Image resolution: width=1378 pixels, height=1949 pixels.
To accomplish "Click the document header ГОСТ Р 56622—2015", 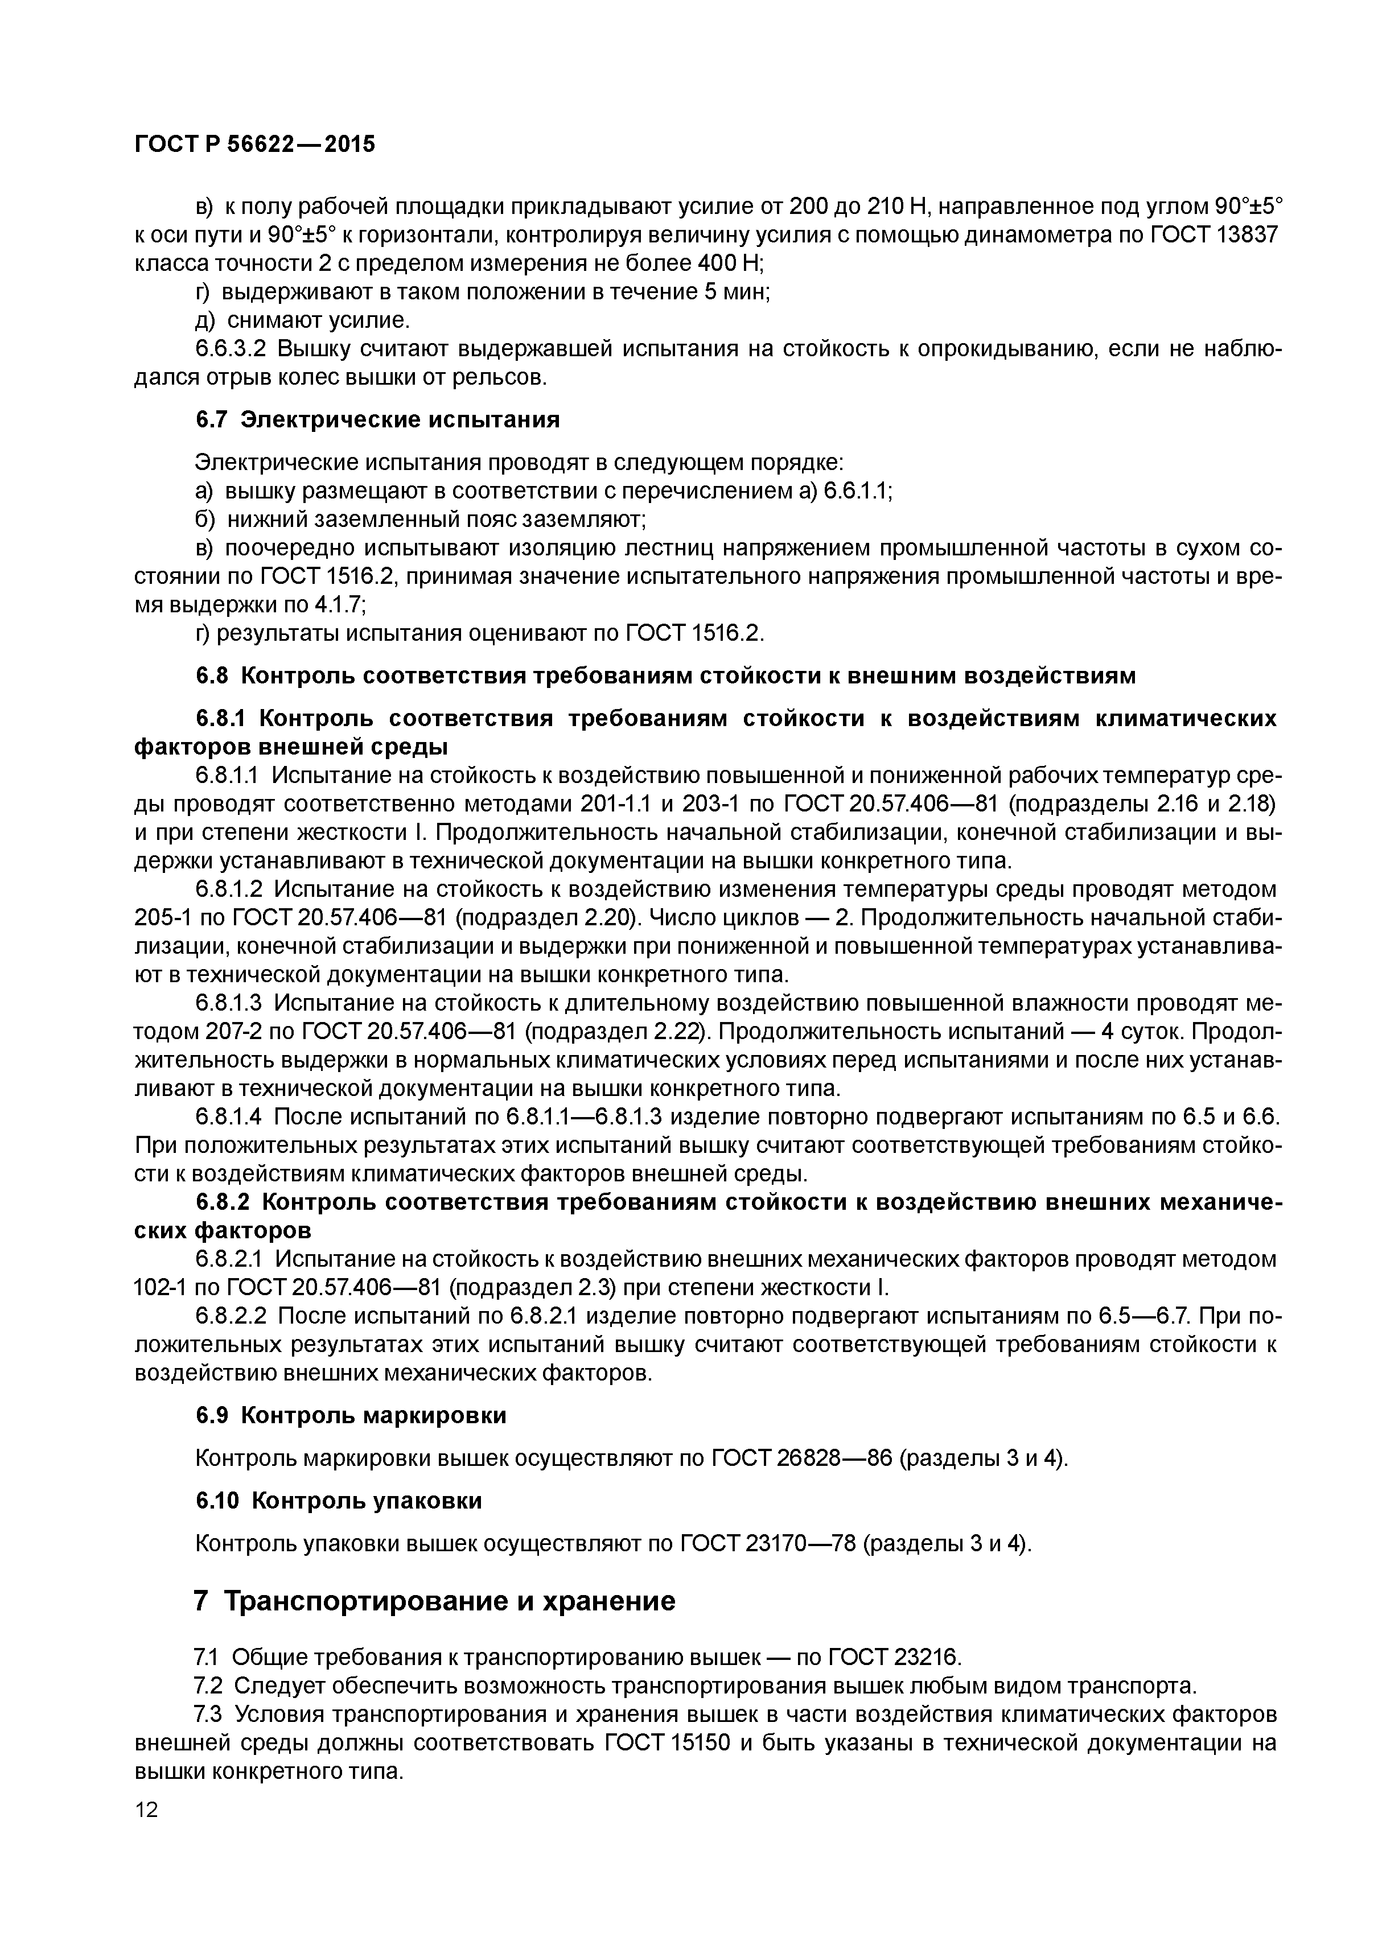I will coord(255,145).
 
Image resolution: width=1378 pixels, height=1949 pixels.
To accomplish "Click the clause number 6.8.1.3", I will coord(230,1003).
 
